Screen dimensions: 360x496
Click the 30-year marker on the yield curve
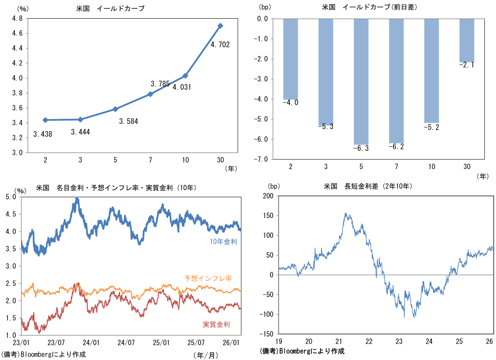click(220, 26)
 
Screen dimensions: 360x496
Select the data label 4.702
click(220, 44)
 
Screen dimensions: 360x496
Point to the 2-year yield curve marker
click(45, 120)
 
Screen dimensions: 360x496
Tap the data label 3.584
click(128, 121)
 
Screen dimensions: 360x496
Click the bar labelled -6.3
click(361, 81)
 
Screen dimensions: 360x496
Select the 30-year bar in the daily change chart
click(467, 40)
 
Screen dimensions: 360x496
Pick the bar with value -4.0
click(290, 59)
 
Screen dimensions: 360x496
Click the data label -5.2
click(431, 127)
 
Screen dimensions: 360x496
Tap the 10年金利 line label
click(223, 241)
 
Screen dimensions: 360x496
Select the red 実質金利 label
click(216, 324)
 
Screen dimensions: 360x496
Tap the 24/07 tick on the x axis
click(126, 343)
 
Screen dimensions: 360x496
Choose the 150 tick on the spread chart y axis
click(268, 215)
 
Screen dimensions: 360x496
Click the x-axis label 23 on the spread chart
click(399, 341)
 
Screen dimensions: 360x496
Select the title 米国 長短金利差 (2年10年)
click(368, 186)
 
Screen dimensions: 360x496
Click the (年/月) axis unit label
click(205, 355)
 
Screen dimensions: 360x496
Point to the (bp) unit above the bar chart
click(265, 7)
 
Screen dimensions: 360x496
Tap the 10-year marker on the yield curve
click(185, 76)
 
